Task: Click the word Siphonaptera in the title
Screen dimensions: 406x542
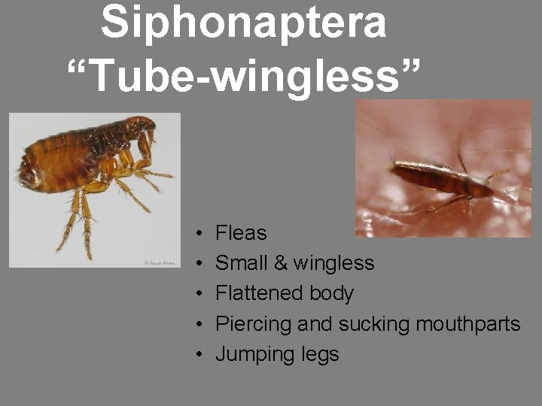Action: (x=243, y=23)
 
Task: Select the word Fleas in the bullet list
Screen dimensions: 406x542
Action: (x=241, y=233)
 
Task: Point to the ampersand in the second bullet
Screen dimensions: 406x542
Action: (x=279, y=263)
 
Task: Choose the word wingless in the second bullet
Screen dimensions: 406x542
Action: (x=333, y=263)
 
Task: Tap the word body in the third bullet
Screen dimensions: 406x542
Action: (x=329, y=294)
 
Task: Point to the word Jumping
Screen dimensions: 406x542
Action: (x=254, y=355)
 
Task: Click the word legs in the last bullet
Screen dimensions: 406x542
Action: (x=319, y=355)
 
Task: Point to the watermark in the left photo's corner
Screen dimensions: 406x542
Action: (x=160, y=262)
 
